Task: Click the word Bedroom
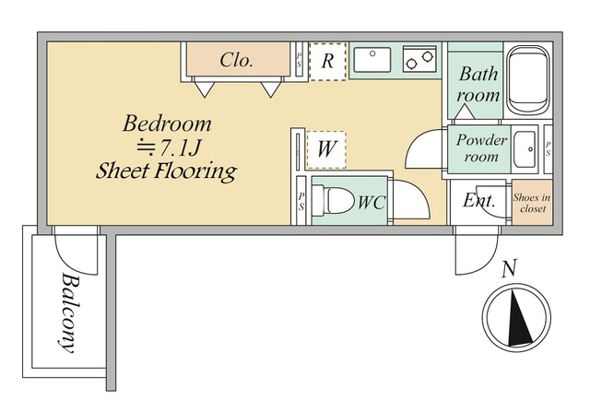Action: tap(167, 124)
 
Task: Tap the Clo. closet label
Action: tap(236, 60)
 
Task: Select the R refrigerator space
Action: tap(327, 62)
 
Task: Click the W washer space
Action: tap(326, 149)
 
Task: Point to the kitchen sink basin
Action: tap(372, 59)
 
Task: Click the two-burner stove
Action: tap(419, 59)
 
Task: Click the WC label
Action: tap(371, 203)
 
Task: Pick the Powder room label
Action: tap(481, 147)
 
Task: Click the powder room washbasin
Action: tap(525, 149)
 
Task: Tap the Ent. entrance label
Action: tap(478, 201)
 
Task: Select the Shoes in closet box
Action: tap(532, 203)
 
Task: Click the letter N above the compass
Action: tap(510, 268)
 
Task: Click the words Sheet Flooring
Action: tap(166, 171)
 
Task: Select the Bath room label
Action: tap(478, 84)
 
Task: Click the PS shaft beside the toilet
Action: tap(301, 201)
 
